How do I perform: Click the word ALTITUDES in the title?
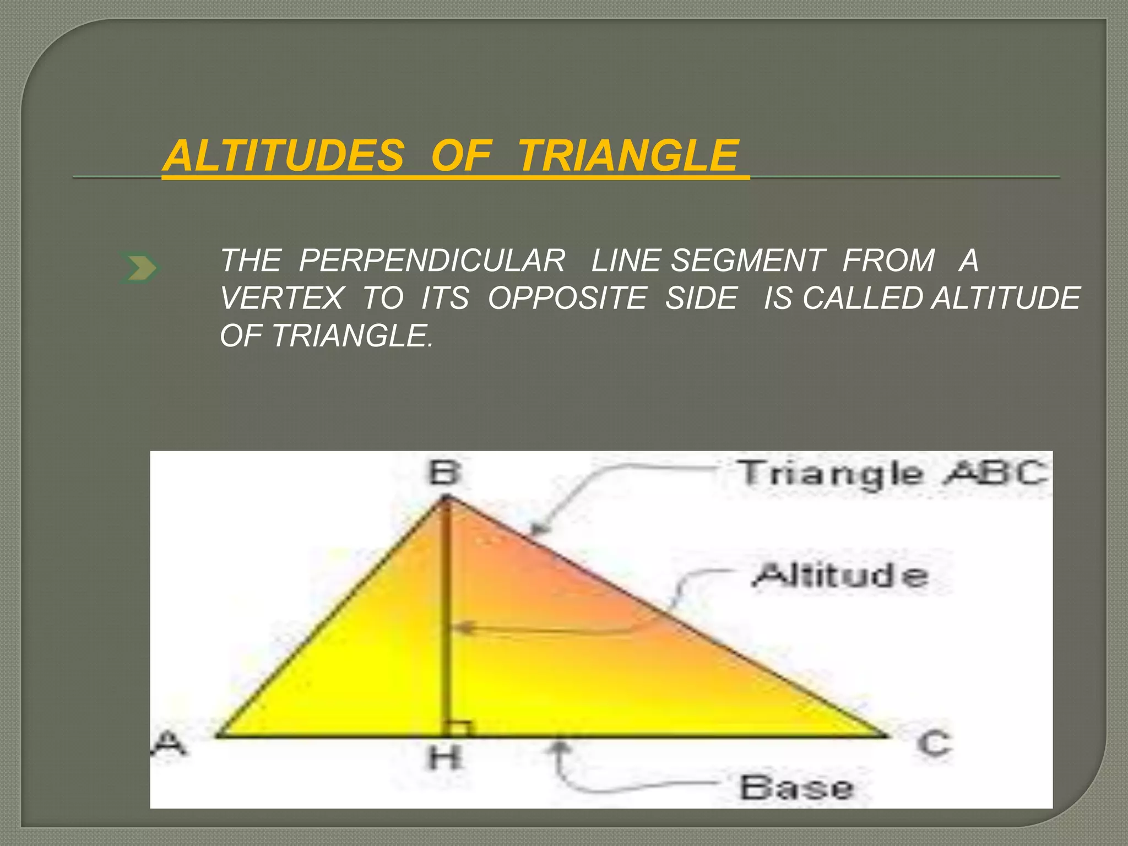coord(284,156)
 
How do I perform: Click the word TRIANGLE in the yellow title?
coord(628,156)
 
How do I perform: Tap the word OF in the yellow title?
coord(460,156)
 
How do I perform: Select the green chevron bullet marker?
coord(139,269)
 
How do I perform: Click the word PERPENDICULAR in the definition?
coord(432,261)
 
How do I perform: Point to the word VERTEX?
coord(282,298)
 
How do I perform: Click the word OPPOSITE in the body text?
coord(567,298)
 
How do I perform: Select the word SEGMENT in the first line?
coord(747,261)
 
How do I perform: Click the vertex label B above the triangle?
coord(444,473)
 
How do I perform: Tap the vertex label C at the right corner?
coord(934,743)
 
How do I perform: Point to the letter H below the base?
coord(444,758)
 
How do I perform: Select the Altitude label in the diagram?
coord(841,576)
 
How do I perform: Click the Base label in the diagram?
coord(796,788)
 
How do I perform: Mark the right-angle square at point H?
coord(460,729)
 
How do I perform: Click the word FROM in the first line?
coord(888,261)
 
